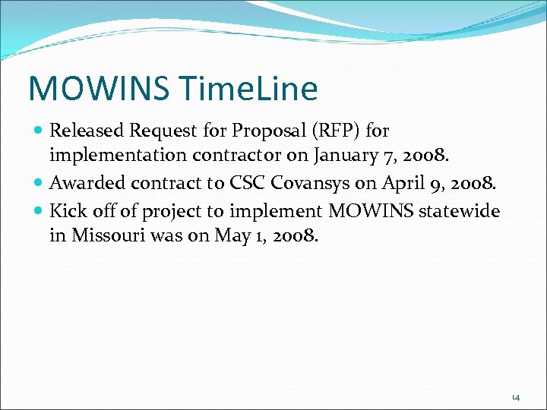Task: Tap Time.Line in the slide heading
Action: [251, 89]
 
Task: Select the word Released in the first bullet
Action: [87, 131]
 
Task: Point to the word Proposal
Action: [267, 131]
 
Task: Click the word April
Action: [406, 183]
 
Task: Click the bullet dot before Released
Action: [39, 131]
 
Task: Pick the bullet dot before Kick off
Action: [39, 210]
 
